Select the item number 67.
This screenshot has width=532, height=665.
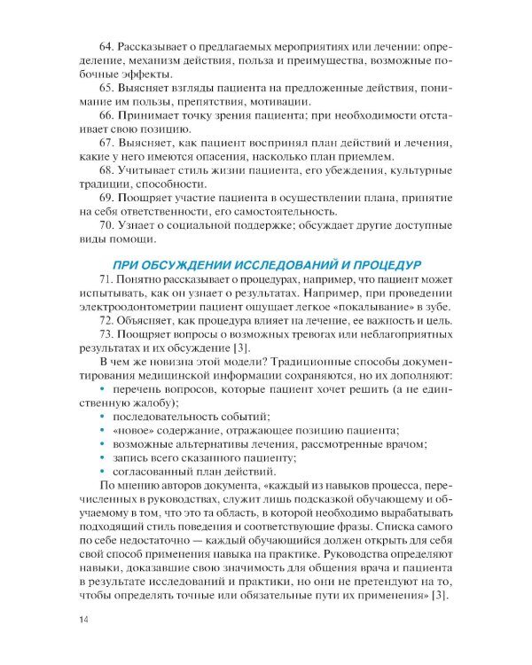click(110, 143)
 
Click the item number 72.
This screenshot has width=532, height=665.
click(110, 319)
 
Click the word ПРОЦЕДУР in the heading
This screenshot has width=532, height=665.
click(384, 264)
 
